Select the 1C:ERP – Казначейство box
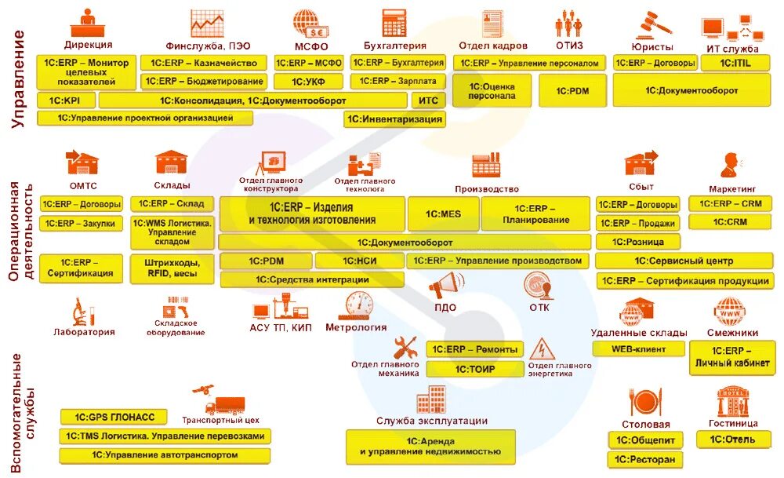pos(204,63)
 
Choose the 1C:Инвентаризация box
pos(394,119)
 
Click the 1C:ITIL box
pos(735,62)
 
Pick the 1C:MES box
pos(443,213)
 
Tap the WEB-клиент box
pos(639,348)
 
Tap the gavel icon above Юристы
pos(657,22)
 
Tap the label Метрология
pos(356,328)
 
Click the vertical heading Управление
pos(18,78)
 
